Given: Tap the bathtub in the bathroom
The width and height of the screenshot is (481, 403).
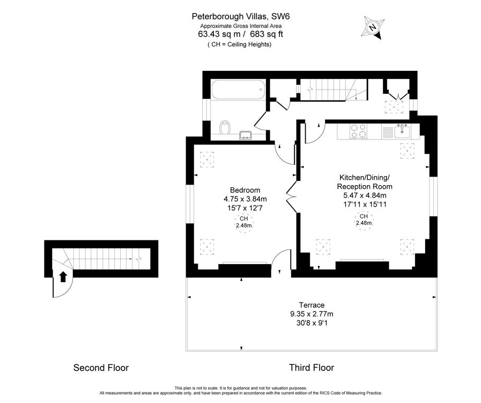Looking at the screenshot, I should (237, 90).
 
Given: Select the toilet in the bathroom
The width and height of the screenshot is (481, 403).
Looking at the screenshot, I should (226, 128).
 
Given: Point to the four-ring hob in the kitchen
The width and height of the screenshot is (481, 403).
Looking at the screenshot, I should (358, 131).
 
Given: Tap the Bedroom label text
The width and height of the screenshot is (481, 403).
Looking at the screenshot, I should (245, 190).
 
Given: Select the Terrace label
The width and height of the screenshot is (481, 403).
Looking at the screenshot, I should (312, 305).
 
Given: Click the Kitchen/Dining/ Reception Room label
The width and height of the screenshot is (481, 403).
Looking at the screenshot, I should (365, 182).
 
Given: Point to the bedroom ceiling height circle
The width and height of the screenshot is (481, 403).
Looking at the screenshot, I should (243, 222).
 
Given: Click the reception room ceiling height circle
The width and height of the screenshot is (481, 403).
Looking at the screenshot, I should (364, 219).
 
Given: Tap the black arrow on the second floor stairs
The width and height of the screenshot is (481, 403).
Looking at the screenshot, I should (63, 276).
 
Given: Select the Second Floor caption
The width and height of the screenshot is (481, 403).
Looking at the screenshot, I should (101, 368).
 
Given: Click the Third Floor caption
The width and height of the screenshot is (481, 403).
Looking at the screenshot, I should (312, 368).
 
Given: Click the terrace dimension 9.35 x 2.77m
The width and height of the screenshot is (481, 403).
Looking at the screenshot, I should (312, 314).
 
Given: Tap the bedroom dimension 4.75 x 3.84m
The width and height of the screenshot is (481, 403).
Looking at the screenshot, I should (245, 199).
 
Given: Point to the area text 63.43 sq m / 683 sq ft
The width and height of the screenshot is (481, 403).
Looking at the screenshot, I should (241, 34).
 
